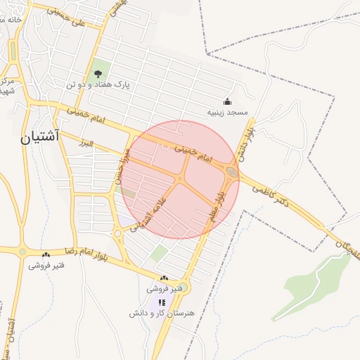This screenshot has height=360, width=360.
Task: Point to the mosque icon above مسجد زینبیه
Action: (226, 101)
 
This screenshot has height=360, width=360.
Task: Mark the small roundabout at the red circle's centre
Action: (180, 179)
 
